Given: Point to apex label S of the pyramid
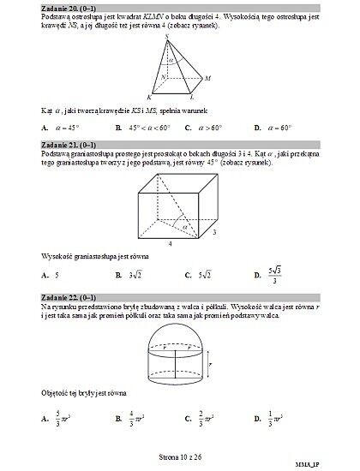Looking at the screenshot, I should (x=165, y=36).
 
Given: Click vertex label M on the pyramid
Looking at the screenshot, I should (x=207, y=78).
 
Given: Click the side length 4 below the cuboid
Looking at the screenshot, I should (x=170, y=243).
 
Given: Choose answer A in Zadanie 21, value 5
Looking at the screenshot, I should (x=51, y=276).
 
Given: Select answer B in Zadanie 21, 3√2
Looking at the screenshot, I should (x=129, y=276).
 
